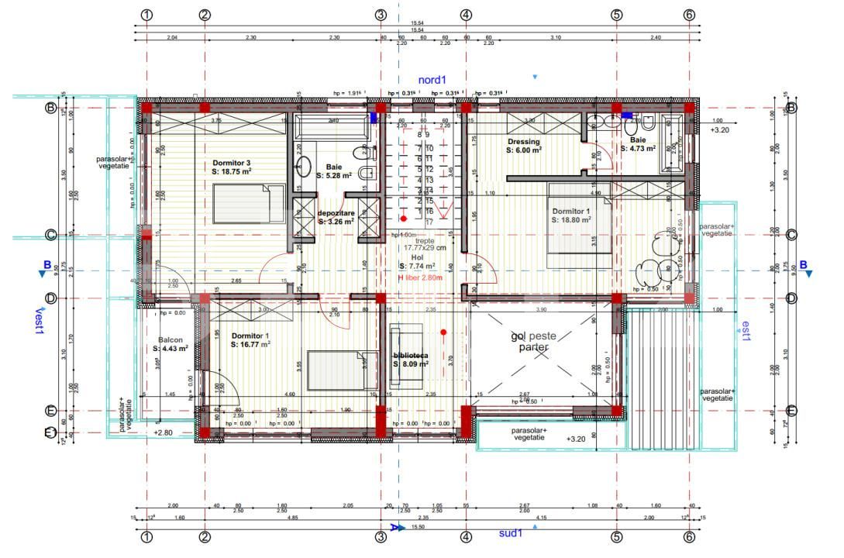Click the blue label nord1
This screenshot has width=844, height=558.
[432, 80]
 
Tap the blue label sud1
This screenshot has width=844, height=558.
[510, 532]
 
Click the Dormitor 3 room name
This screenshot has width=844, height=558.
[231, 163]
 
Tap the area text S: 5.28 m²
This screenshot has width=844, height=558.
[334, 176]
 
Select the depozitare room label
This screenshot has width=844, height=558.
[336, 212]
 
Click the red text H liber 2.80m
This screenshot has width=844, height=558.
[419, 277]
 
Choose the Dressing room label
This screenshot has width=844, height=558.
[524, 142]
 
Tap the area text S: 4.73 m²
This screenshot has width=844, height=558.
[638, 148]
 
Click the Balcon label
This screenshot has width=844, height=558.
[171, 339]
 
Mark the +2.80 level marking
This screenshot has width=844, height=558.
[163, 432]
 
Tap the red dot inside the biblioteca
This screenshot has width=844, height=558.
[443, 332]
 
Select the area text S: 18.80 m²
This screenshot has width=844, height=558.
[571, 219]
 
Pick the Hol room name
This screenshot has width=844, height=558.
[417, 257]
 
